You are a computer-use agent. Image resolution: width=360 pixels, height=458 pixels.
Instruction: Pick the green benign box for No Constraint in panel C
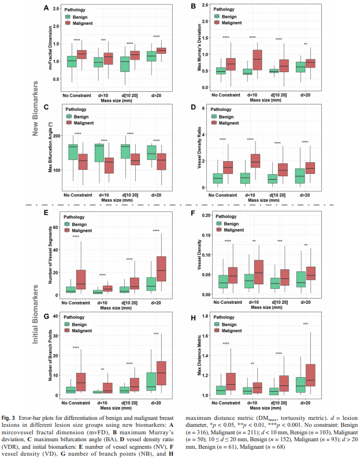click(73, 151)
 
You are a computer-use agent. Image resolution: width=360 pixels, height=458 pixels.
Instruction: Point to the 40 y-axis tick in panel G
click(57, 316)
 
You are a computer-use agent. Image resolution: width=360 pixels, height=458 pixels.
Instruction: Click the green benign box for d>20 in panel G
click(152, 380)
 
